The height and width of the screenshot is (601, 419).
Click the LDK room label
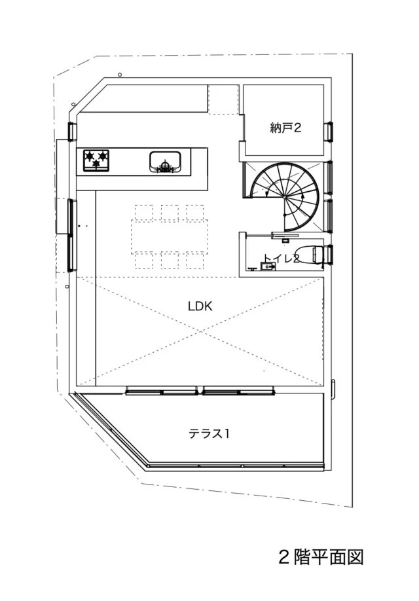pos(200,306)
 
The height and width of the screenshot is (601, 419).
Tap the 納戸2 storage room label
pos(285,128)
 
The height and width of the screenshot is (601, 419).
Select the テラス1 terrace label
pos(209,433)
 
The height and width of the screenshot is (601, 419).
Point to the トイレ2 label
pos(282,259)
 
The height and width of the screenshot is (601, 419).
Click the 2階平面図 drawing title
pos(321,557)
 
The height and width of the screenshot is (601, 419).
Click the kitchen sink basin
pos(165,161)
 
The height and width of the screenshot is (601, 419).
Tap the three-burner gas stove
pos(96,160)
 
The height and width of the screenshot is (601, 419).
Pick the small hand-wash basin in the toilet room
pos(266,266)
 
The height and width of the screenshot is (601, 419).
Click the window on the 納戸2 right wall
pos(329,132)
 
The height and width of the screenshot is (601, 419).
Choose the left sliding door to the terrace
pos(162,391)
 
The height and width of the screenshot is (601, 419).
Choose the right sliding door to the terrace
pos(239,391)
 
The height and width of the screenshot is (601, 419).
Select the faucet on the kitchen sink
pos(165,166)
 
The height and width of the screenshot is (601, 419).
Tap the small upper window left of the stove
pos(71,132)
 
